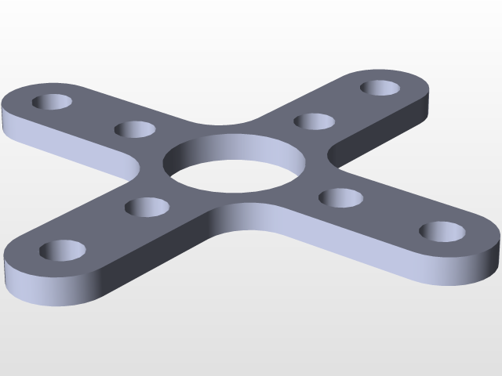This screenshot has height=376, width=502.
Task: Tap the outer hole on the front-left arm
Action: (63, 251)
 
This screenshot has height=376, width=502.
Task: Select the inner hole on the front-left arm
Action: (148, 208)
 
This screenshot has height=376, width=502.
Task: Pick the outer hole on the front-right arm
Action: (442, 232)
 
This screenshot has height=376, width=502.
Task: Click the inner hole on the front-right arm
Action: (340, 197)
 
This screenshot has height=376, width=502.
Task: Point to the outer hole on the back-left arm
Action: (53, 103)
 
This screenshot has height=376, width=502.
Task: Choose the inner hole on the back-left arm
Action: (135, 129)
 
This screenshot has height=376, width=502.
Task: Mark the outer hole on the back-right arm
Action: (382, 87)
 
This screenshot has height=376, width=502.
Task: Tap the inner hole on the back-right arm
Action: (315, 121)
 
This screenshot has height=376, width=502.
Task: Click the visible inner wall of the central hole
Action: (235, 150)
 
